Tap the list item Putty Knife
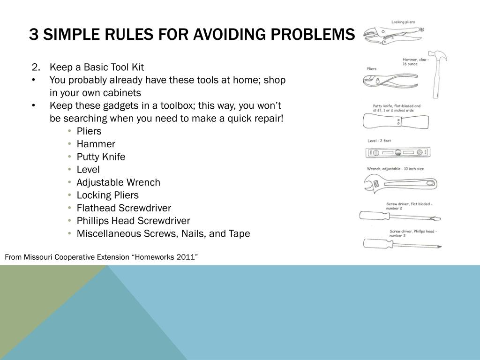pos(101,157)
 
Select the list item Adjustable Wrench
pos(118,182)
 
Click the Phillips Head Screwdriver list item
pos(133,221)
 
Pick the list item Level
pos(88,170)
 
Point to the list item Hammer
pos(96,144)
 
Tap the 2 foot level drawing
pos(397,152)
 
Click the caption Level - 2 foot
pos(379,141)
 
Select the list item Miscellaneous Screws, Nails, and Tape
pos(163,233)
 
